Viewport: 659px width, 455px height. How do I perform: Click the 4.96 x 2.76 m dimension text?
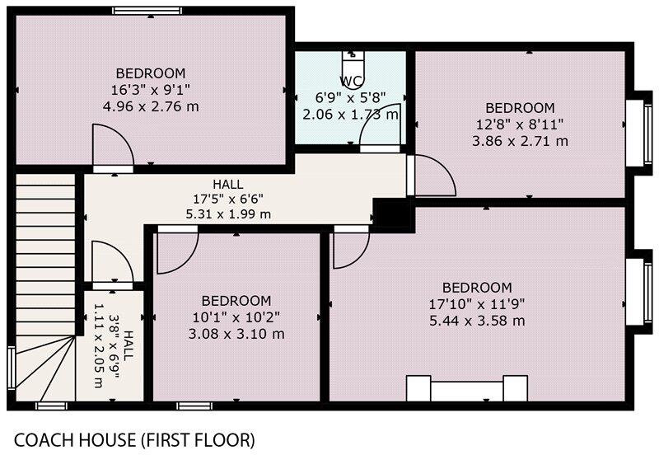click(150, 106)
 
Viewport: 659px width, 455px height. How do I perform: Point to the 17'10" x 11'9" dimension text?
click(477, 303)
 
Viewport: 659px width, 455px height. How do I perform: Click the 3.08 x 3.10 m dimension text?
click(236, 334)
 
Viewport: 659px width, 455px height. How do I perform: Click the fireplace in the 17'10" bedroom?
click(467, 388)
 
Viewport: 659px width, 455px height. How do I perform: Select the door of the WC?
click(381, 125)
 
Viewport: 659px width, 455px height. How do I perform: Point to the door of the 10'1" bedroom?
click(176, 251)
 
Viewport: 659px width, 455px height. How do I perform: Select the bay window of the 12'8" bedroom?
click(635, 129)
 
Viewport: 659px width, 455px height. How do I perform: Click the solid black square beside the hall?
click(392, 215)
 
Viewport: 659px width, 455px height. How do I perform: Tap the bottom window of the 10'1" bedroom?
click(194, 405)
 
